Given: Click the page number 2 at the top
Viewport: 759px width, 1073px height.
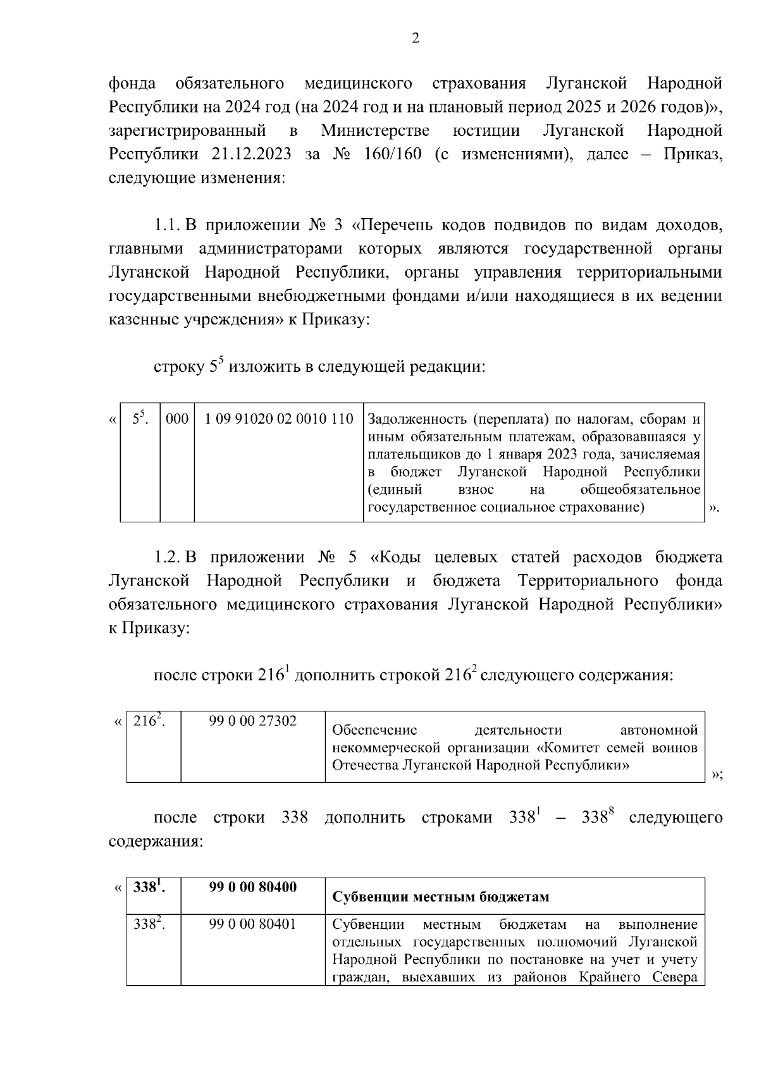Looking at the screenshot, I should pyautogui.click(x=415, y=39).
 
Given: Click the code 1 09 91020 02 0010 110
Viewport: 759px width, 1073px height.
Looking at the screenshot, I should pyautogui.click(x=278, y=419).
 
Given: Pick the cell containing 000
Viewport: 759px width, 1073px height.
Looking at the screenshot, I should pyautogui.click(x=176, y=419).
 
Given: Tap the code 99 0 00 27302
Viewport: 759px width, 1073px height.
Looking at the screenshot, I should pyautogui.click(x=252, y=721).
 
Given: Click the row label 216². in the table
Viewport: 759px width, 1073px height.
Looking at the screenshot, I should pyautogui.click(x=148, y=720).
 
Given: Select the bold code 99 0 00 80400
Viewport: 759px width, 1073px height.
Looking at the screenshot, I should pyautogui.click(x=252, y=887).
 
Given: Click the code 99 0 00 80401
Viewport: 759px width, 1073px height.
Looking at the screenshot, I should pyautogui.click(x=252, y=924).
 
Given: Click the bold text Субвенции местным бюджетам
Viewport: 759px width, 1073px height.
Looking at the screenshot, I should pyautogui.click(x=440, y=897).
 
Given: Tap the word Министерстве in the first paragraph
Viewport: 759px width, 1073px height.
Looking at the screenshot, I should pyautogui.click(x=375, y=131).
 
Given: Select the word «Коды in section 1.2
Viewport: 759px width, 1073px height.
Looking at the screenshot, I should pyautogui.click(x=396, y=558).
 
